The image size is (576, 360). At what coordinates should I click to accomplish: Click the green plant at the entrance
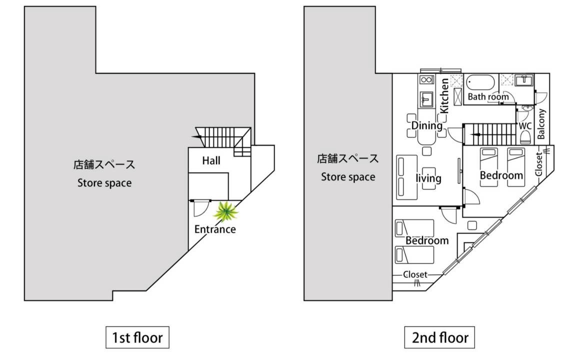pos(226,212)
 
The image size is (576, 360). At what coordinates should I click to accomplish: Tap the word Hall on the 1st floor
pos(211,161)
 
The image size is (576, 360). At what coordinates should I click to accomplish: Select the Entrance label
pos(214,229)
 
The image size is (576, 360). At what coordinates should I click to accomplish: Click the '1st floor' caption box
pos(137,337)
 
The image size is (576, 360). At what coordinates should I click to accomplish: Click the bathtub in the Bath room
pos(480,82)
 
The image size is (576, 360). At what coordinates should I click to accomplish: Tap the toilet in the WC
pos(525,137)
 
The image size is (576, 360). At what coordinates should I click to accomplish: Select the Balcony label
pos(541,124)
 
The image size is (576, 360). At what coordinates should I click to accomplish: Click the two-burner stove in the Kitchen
pos(426,80)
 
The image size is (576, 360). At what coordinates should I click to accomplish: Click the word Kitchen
pos(444,95)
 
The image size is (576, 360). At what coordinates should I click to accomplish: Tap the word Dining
pos(426,125)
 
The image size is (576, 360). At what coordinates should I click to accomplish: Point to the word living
pos(428,178)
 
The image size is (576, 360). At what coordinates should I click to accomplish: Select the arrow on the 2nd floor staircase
pos(477,134)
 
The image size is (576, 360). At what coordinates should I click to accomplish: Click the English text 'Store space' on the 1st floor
pos(104,183)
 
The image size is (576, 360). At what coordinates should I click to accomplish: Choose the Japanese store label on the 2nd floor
pos(348,159)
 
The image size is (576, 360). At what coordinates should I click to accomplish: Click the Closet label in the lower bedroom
pos(415,274)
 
